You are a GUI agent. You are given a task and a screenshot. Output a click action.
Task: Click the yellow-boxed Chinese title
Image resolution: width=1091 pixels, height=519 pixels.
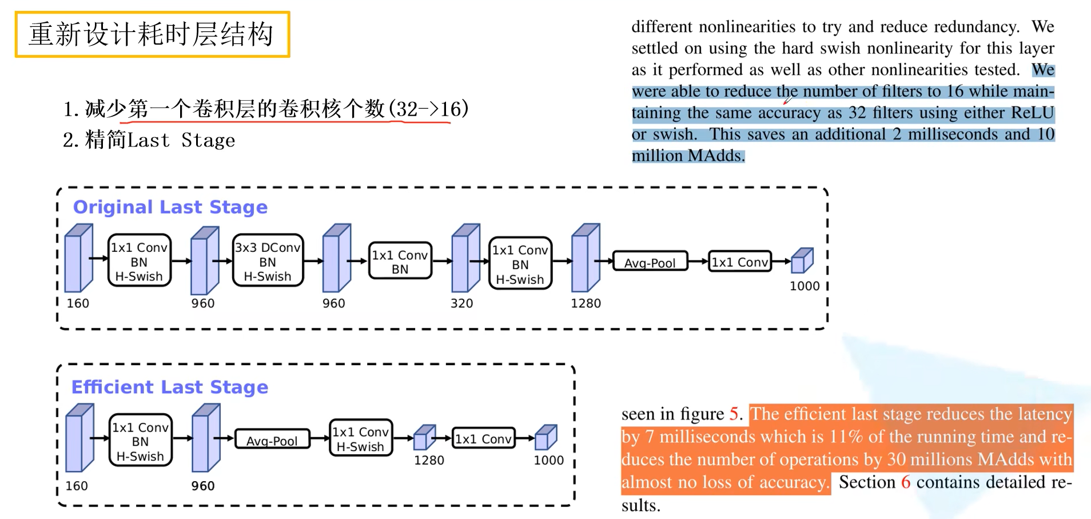coord(152,34)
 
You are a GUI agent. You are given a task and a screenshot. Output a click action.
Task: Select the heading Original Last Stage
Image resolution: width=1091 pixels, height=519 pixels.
coord(170,207)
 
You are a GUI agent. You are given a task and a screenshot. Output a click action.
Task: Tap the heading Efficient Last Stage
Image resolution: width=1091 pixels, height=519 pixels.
coord(169,387)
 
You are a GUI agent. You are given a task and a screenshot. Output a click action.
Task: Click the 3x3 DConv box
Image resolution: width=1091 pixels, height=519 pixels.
coord(268,261)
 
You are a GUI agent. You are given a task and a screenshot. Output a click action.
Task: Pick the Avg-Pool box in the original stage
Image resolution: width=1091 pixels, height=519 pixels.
coord(650,262)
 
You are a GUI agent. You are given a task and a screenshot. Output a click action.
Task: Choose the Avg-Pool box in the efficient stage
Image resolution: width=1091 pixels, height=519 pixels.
coord(272,440)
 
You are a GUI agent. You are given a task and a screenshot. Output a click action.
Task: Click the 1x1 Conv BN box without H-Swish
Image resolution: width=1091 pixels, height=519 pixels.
coord(400,262)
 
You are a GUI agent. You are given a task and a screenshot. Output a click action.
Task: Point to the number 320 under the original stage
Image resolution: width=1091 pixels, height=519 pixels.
coord(461,303)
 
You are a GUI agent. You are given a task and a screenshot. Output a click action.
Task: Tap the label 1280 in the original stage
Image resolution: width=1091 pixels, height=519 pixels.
coord(586,303)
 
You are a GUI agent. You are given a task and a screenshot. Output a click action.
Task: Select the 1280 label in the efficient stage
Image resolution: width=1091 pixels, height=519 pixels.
coord(429,460)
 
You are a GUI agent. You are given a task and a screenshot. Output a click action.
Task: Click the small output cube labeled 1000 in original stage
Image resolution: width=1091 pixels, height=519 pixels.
coord(802,260)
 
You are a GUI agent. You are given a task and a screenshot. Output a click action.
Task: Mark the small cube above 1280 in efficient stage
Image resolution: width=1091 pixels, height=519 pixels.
coord(424,438)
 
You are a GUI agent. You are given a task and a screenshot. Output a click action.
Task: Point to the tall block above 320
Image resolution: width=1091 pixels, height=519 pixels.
coord(465,259)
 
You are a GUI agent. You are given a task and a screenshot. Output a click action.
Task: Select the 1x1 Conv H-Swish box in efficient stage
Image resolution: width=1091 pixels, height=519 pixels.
coord(361,439)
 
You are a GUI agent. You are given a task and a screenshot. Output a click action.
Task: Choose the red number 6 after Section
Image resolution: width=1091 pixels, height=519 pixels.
coord(905,482)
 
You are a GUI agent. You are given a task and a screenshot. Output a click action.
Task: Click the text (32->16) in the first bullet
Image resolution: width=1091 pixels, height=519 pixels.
coord(428,108)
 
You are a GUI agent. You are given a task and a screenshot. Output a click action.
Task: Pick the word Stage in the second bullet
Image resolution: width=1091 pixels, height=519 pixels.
coord(208,140)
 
